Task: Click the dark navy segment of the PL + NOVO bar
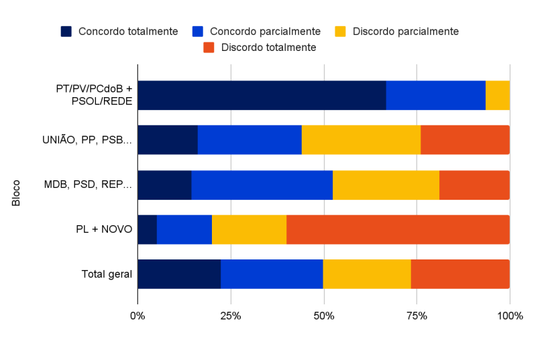[x=147, y=230]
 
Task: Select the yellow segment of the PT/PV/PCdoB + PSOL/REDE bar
[x=497, y=95]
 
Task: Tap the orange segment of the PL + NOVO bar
[x=398, y=230]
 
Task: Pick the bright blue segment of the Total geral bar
[x=272, y=274]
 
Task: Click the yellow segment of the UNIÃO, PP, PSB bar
[x=361, y=140]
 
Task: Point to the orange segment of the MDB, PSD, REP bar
[x=474, y=185]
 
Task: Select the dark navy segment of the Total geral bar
[x=179, y=274]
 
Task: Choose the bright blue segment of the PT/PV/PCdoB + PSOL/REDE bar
[x=435, y=95]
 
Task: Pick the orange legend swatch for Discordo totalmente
[x=209, y=48]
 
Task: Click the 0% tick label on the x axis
[x=137, y=316]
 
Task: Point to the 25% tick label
[x=231, y=316]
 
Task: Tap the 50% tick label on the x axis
[x=324, y=316]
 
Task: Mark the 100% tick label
[x=510, y=316]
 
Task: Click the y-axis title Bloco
[x=16, y=192]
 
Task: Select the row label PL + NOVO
[x=103, y=230]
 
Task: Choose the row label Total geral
[x=107, y=274]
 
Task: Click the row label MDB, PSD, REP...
[x=88, y=185]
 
